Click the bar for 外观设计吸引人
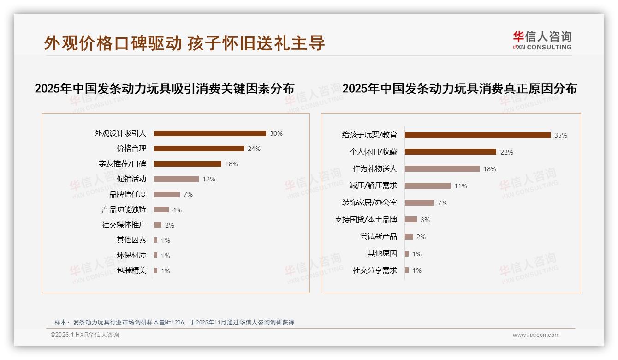210,133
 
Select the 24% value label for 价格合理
254,149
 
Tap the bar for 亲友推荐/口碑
188,164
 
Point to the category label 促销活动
131,179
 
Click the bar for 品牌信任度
167,194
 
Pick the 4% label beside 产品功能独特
177,210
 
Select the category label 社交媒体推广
124,225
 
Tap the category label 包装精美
131,270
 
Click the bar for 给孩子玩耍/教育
478,135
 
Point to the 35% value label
561,135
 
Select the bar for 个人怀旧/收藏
451,152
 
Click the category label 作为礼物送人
375,169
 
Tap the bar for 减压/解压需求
428,186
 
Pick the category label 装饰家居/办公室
369,203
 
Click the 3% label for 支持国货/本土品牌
425,220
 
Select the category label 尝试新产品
379,236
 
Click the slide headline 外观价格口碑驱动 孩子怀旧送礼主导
184,43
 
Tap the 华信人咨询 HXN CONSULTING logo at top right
542,41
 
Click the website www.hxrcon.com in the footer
536,335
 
